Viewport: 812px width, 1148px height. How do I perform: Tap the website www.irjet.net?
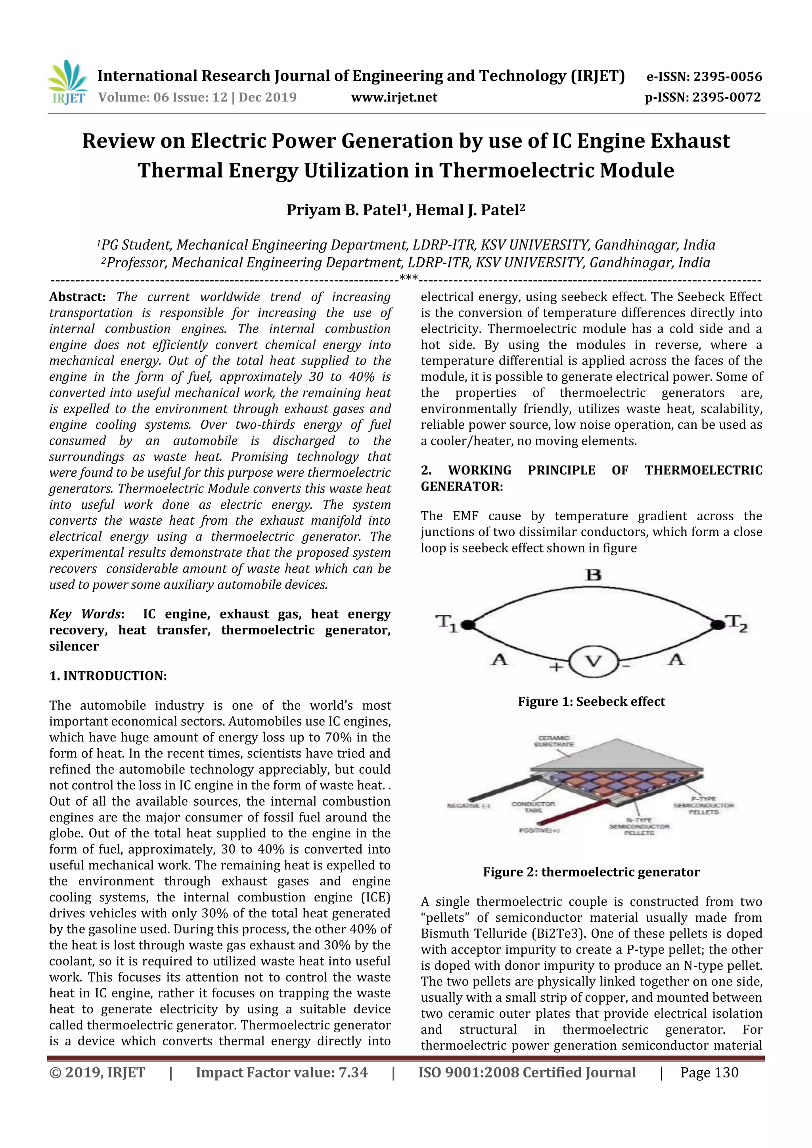(394, 97)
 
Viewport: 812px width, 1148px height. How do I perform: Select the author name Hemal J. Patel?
(470, 210)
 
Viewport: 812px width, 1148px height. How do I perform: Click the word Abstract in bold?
(77, 297)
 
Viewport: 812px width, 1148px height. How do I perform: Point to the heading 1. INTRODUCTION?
(108, 676)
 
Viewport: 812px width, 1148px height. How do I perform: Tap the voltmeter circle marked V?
(594, 662)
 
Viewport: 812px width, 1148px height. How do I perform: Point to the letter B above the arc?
(594, 575)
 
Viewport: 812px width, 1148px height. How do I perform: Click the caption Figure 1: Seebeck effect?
(592, 701)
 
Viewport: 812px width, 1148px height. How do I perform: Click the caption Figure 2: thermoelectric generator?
(592, 872)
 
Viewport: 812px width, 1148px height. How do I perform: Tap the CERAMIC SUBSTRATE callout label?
(554, 741)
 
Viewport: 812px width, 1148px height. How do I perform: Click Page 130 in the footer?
(709, 1072)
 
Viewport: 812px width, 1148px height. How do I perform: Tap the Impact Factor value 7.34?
(353, 1072)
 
